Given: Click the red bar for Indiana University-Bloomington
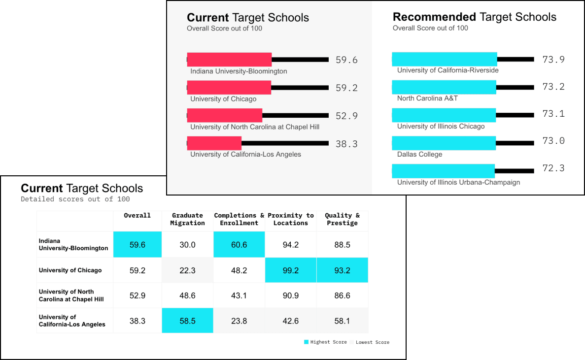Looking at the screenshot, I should (x=229, y=60).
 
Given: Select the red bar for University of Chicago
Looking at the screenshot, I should (x=229, y=88).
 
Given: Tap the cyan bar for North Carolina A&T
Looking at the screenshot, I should (x=444, y=87).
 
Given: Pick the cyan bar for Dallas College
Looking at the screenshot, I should (x=444, y=143).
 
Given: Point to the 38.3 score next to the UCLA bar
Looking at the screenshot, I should (x=346, y=144).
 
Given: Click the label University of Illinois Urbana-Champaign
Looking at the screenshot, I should (x=458, y=182).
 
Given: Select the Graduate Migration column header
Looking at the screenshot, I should (x=187, y=219).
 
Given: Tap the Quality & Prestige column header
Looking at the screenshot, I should (x=342, y=219).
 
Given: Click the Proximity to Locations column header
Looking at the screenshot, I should (x=291, y=219).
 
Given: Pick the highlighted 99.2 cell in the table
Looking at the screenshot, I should (x=291, y=270).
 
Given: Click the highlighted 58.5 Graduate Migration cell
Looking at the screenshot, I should (x=187, y=321).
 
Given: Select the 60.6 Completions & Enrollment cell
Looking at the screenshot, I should (x=239, y=245).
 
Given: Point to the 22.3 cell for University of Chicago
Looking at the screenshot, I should (x=187, y=270).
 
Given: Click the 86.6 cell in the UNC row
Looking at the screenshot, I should (x=342, y=295).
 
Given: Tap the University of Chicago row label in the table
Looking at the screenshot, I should (x=70, y=270).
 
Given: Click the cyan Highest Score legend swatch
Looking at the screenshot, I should (x=306, y=342).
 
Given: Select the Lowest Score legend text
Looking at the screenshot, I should (x=373, y=342).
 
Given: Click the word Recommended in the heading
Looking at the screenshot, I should (x=434, y=17).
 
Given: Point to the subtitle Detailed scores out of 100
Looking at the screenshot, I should (x=75, y=199).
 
